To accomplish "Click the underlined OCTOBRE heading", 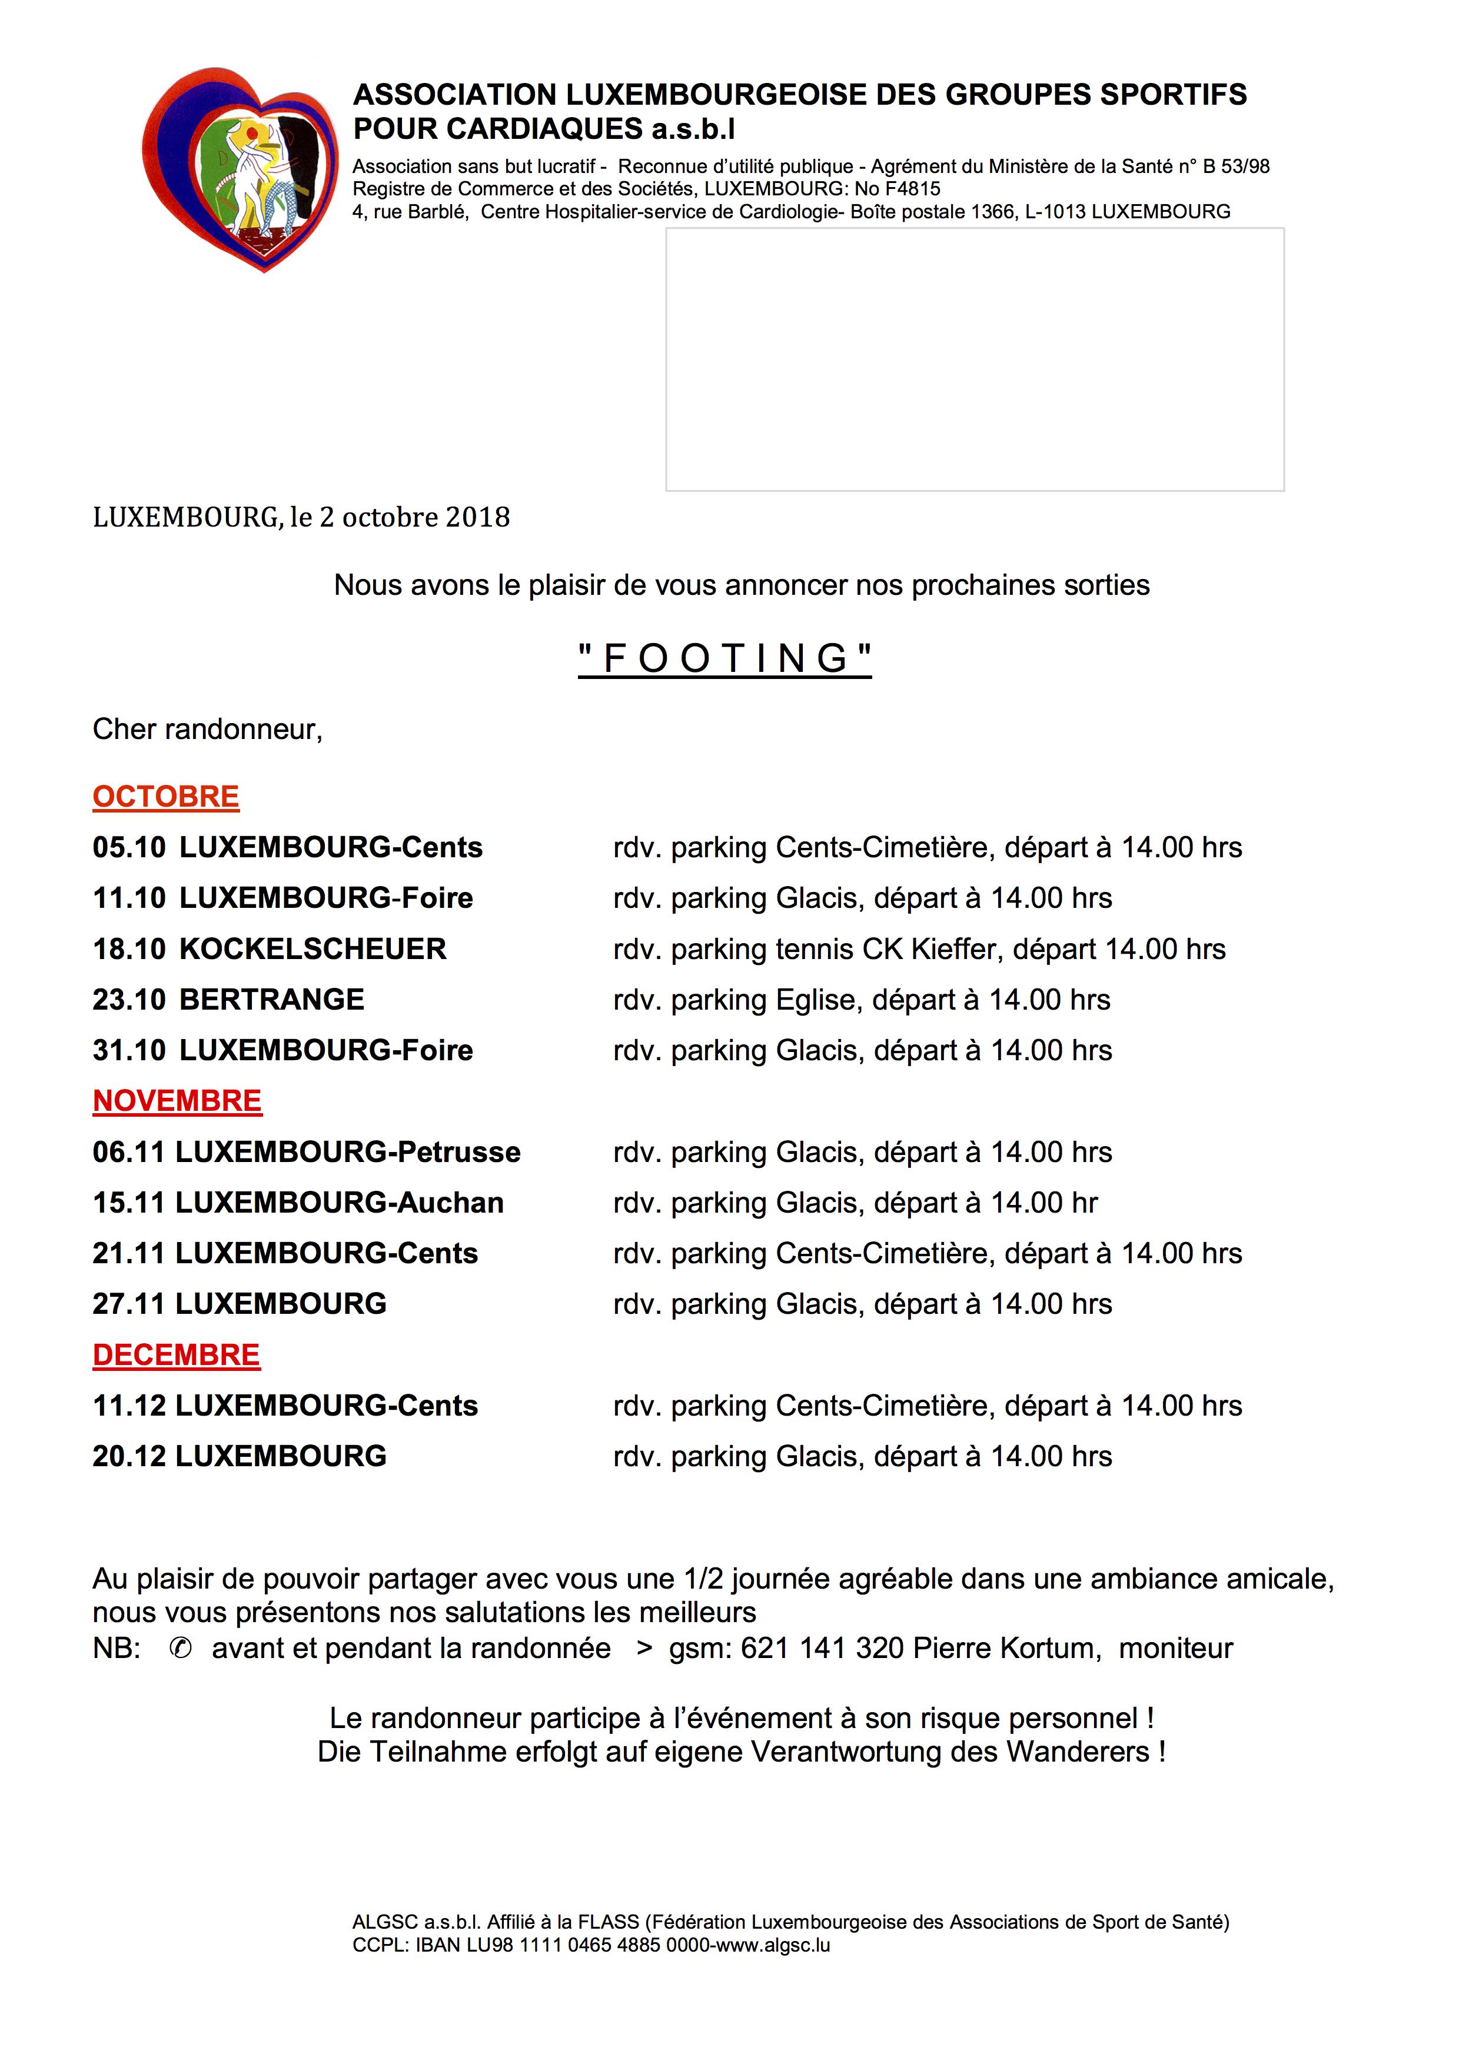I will click(x=167, y=797).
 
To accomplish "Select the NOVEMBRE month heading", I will click(x=177, y=1100).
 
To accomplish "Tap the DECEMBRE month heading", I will click(x=176, y=1355).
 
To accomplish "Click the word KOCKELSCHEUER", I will click(x=313, y=948).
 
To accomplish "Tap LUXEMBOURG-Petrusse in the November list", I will click(x=348, y=1151).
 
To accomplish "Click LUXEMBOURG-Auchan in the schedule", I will click(x=339, y=1202).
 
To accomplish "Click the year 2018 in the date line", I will click(x=478, y=517).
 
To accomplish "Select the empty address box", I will click(x=975, y=359).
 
